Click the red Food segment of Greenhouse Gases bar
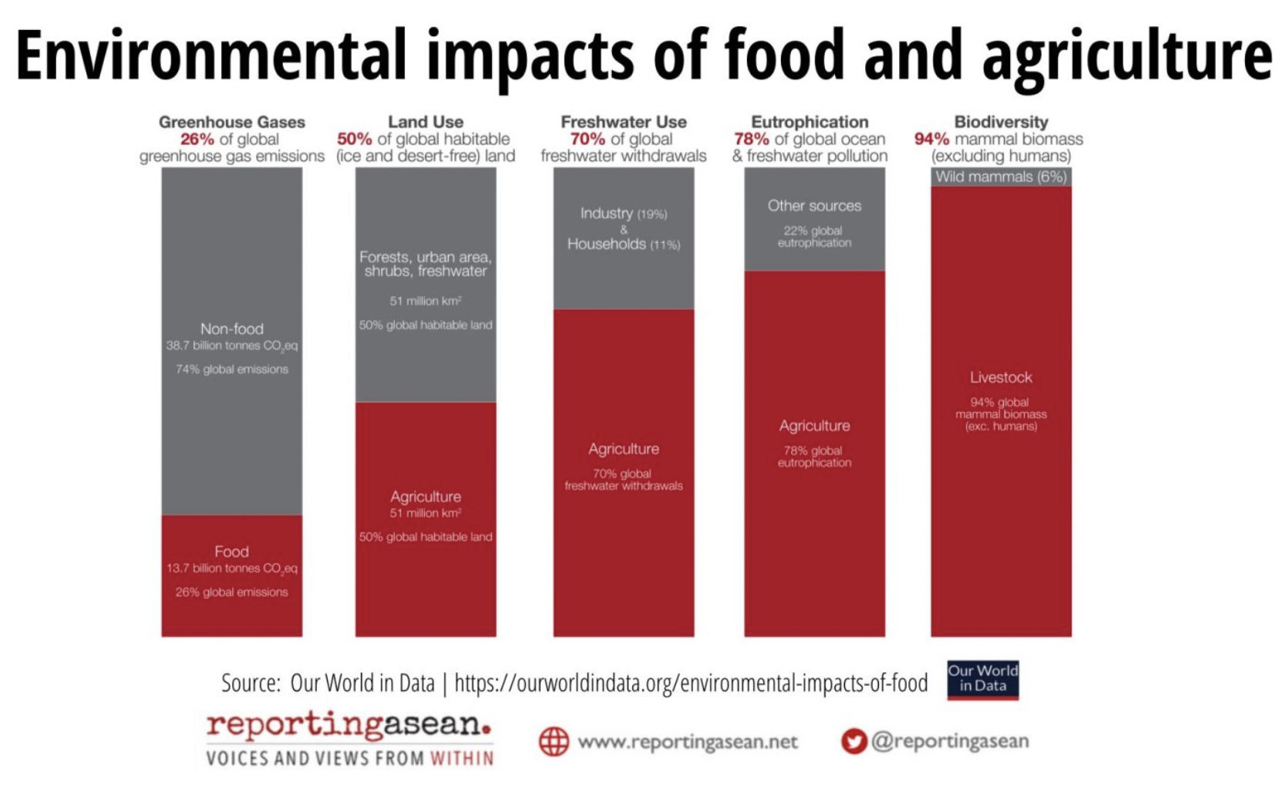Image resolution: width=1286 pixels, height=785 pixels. [231, 575]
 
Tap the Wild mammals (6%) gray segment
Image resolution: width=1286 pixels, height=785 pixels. [1001, 177]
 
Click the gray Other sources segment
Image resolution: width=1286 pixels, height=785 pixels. [814, 219]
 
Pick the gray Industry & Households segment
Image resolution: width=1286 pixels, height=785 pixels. [623, 238]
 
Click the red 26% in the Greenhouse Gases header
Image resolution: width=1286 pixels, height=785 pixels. [197, 140]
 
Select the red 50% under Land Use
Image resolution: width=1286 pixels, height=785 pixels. [354, 140]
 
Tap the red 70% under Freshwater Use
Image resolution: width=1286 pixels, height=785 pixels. [587, 140]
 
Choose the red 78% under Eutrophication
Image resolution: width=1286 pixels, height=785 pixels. [751, 140]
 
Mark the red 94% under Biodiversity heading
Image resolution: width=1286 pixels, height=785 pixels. [931, 140]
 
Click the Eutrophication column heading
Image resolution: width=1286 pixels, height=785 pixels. [810, 122]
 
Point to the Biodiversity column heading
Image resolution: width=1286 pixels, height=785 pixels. [1001, 122]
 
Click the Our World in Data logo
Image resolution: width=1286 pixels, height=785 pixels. [982, 679]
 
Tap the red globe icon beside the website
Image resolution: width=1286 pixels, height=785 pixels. [554, 742]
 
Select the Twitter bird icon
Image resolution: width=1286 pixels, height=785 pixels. [853, 742]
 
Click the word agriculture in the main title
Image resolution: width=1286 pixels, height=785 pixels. [1126, 56]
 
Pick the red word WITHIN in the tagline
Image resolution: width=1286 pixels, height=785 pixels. [462, 759]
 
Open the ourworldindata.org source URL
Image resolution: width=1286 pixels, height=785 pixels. [691, 683]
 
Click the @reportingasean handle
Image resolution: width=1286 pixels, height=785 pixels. [950, 741]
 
